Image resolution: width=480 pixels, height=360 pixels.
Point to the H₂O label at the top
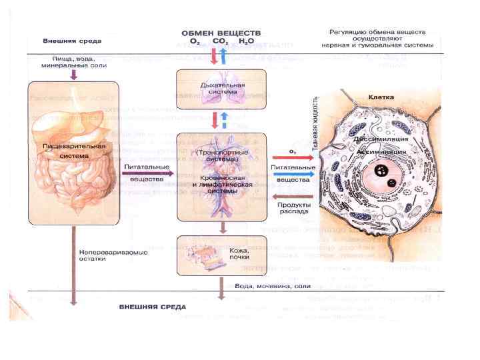247,41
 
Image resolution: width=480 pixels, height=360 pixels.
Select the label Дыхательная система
223,89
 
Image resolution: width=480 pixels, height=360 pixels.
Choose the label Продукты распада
292,207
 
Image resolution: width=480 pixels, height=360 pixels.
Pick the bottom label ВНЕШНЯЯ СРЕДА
152,307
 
